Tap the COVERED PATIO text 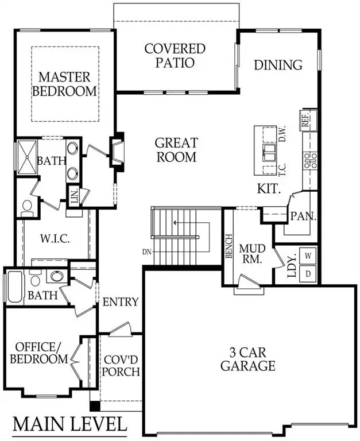tap(175, 56)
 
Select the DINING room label tap(278, 65)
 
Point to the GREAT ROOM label tap(176, 150)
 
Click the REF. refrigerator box tap(305, 119)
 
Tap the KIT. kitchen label tap(268, 188)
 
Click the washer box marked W tap(308, 254)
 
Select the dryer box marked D tap(308, 273)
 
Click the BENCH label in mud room tap(229, 246)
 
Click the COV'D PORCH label tap(121, 365)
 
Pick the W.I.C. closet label tap(55, 238)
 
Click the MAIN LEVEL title tap(69, 424)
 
